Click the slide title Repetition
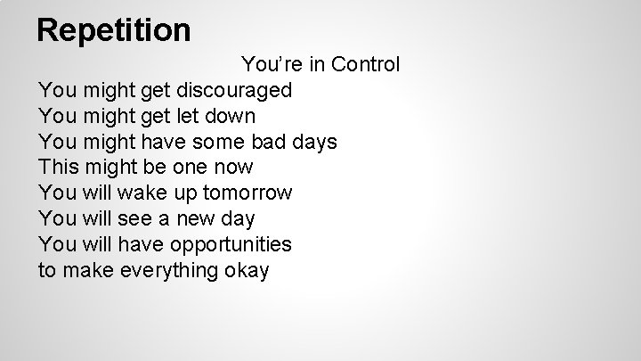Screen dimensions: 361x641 [114, 30]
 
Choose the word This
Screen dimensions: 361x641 [59, 168]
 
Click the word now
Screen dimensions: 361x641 [232, 168]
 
